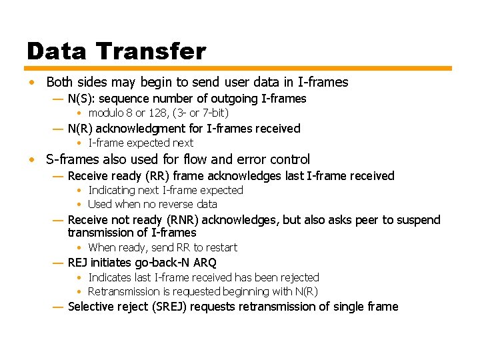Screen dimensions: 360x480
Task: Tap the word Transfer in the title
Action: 151,51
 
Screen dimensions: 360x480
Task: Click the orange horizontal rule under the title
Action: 239,68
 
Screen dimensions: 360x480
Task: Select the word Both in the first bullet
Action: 59,83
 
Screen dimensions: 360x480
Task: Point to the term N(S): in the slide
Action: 81,99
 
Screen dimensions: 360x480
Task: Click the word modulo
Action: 106,113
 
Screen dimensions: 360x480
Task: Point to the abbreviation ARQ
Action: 205,263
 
